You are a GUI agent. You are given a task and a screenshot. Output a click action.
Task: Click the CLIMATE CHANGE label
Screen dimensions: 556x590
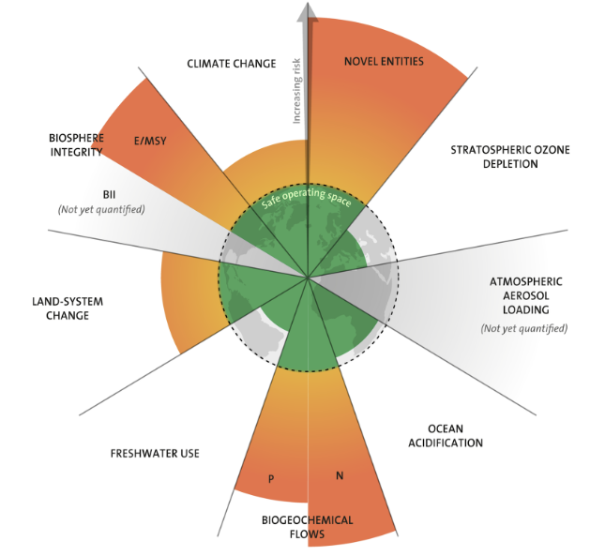[x=231, y=64]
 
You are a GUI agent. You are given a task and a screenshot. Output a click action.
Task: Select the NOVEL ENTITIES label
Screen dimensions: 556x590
[x=384, y=62]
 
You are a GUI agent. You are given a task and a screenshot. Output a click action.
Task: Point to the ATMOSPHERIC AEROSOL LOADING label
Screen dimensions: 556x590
[x=525, y=296]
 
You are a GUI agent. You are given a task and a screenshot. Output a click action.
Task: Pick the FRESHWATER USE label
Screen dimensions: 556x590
[x=155, y=454]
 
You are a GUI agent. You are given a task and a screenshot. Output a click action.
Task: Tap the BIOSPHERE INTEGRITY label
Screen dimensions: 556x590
[x=76, y=144]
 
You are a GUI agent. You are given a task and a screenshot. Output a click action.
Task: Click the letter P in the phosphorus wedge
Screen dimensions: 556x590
[x=270, y=479]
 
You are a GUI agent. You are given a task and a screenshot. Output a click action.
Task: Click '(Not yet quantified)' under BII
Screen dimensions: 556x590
[x=109, y=209]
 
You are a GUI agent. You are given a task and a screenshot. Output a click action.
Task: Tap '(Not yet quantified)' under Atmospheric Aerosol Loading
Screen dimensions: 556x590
[x=524, y=328]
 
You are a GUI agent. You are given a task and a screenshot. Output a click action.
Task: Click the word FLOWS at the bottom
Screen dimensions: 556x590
[x=308, y=535]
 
